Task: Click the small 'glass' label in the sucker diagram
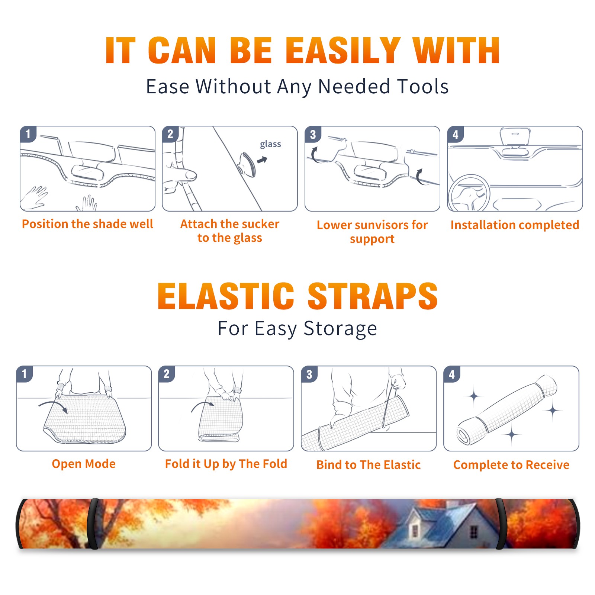coord(270,144)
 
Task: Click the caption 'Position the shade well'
coord(87,224)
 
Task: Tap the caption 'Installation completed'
coord(515,225)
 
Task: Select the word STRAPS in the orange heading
coord(373,296)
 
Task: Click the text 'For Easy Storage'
coord(297,329)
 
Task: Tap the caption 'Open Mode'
coord(84,464)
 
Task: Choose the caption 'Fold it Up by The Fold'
coord(226,464)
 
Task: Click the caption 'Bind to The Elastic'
coord(369,465)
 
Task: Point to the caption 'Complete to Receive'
coord(511,465)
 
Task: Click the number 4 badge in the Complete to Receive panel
coord(452,374)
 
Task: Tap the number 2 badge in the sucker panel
coord(170,134)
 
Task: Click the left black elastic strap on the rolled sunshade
coord(93,524)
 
